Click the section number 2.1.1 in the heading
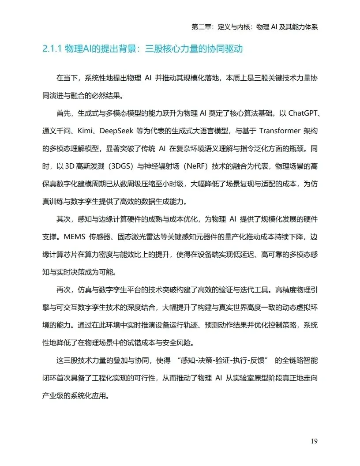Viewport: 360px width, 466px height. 52,49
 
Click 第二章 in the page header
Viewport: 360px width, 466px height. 200,26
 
